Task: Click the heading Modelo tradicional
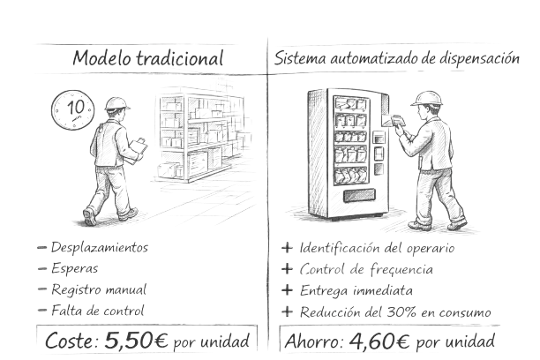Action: (x=148, y=59)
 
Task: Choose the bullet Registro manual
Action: (x=98, y=289)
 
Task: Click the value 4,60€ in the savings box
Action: (x=381, y=339)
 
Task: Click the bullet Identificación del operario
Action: (x=377, y=247)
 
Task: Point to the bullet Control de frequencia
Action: (x=365, y=268)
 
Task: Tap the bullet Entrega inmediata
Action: (x=356, y=289)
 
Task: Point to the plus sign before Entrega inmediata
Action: (x=286, y=289)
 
